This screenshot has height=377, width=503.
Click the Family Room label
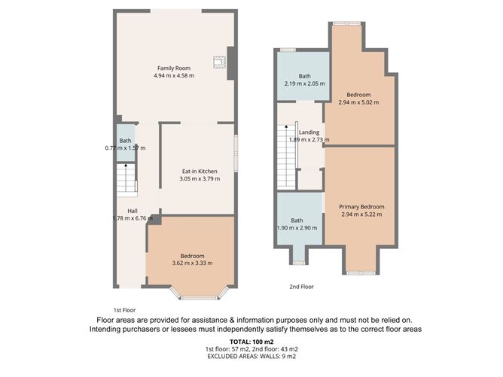[174, 68]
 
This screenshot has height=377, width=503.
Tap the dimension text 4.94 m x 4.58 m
[174, 76]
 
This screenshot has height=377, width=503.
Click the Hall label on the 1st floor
[132, 211]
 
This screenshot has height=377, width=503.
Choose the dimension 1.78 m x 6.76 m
[132, 218]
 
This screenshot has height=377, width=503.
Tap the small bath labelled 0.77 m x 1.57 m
[125, 143]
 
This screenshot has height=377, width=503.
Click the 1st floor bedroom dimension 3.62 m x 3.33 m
[192, 263]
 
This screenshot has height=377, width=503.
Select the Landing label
[309, 132]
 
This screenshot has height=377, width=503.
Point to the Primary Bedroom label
[361, 207]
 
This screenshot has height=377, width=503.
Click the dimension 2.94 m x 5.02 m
[359, 102]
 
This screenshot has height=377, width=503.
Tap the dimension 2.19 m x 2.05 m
[304, 84]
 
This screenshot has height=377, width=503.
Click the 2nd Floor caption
[301, 287]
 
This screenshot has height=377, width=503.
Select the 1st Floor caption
[123, 310]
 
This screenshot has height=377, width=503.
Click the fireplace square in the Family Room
[218, 63]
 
